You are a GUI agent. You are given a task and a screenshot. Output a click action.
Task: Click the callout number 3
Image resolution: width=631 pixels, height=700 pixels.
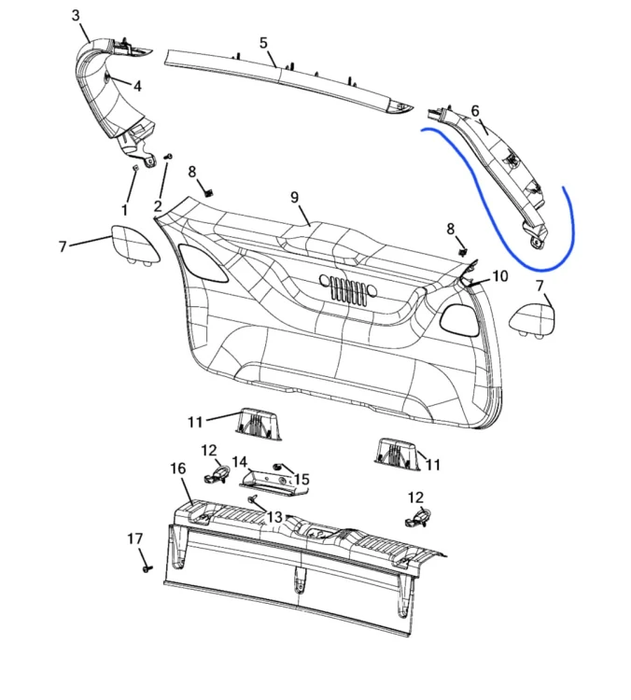pos(76,15)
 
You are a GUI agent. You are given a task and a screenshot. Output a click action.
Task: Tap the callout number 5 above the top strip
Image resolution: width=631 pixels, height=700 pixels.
pos(263,43)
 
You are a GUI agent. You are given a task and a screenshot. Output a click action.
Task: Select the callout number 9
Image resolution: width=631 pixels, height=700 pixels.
pos(294,197)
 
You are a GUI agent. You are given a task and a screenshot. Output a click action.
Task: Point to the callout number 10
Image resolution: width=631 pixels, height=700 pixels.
pos(500,276)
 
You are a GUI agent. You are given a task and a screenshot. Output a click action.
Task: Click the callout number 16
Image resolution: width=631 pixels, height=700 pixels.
pos(177,469)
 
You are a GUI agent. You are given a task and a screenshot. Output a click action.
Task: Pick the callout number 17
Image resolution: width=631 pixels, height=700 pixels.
pos(134,539)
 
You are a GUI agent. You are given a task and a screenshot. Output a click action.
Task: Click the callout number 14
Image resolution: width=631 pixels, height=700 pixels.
pos(240,462)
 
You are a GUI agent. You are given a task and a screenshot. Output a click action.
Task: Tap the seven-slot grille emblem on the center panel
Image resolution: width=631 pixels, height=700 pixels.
pos(348,289)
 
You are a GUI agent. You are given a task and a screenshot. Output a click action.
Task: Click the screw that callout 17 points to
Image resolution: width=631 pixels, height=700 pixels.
pos(147,568)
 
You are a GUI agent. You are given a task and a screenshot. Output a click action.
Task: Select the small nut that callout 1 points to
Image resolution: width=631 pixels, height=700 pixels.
pos(135,168)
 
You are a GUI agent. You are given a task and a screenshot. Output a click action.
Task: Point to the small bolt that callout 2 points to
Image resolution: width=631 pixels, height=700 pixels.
pos(169,157)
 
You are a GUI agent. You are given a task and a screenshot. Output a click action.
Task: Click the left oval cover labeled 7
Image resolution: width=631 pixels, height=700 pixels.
pos(134,245)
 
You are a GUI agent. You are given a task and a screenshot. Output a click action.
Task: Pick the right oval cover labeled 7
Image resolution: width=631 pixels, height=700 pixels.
pos(532,320)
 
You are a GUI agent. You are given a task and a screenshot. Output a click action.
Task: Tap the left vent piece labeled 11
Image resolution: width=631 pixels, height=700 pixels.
pos(259,424)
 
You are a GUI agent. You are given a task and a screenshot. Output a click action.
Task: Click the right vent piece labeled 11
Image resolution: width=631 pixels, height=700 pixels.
pos(397,454)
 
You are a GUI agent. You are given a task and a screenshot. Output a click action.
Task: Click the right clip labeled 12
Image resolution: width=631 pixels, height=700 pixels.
pos(416,517)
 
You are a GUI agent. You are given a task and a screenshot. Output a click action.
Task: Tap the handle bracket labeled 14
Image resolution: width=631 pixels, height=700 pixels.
pos(273,483)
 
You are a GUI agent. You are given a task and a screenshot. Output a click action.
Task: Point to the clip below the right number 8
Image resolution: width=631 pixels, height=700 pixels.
pos(463,252)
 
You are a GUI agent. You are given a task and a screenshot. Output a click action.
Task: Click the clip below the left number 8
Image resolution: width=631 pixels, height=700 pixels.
pos(208,192)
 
